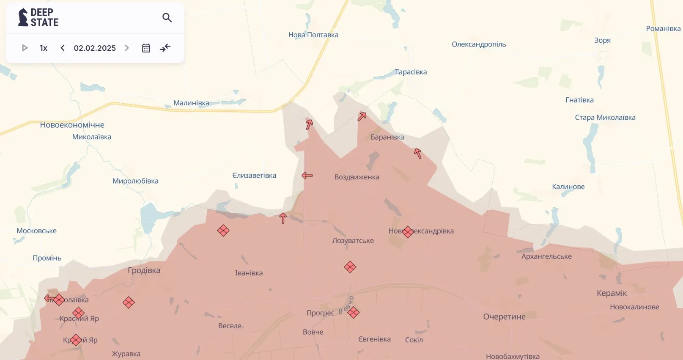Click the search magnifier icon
[167, 18]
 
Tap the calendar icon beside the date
[146, 48]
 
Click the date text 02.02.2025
[95, 48]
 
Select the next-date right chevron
[127, 48]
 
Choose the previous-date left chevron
[63, 48]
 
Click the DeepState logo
[38, 17]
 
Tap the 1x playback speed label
[44, 48]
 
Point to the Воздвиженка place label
[357, 177]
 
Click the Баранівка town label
[387, 137]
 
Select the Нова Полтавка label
[313, 35]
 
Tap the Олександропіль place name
[479, 44]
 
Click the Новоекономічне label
[72, 125]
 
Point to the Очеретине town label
[504, 317]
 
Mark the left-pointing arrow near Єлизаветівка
[307, 176]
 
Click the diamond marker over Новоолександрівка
[408, 232]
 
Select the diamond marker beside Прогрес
[354, 313]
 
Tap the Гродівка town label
[144, 270]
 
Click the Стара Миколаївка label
[605, 118]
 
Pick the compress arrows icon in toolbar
[165, 48]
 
